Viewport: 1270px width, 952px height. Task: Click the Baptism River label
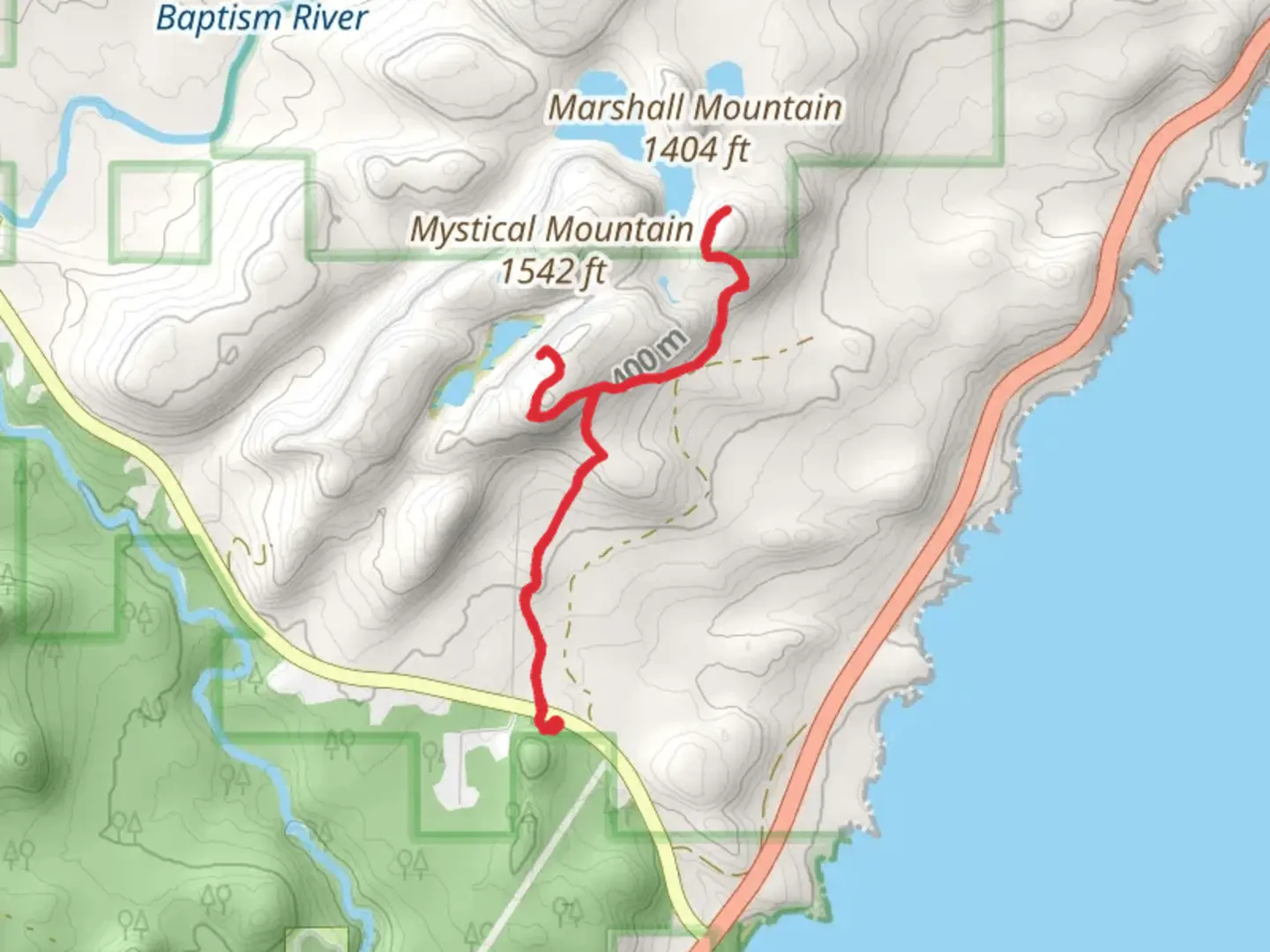pyautogui.click(x=261, y=18)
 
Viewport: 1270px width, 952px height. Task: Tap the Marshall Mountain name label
pyautogui.click(x=694, y=108)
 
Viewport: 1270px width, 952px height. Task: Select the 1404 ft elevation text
pyautogui.click(x=694, y=151)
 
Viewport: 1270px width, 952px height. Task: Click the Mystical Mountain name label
pyautogui.click(x=551, y=230)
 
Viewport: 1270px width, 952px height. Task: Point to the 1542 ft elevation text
pyautogui.click(x=553, y=271)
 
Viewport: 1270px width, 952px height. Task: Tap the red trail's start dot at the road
pyautogui.click(x=552, y=725)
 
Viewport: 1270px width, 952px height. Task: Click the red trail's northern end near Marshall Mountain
pyautogui.click(x=726, y=212)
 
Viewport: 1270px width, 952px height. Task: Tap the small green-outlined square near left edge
pyautogui.click(x=160, y=212)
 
